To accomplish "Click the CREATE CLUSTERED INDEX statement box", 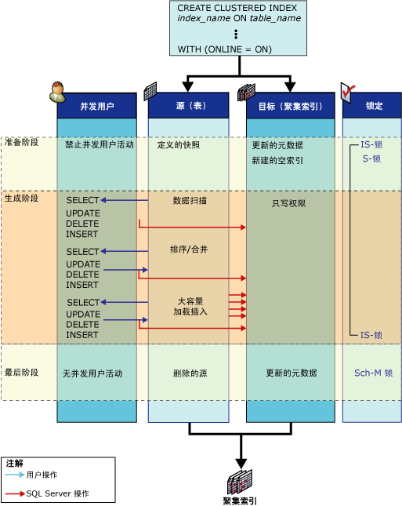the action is tap(238, 28).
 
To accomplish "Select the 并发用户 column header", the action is tap(96, 106).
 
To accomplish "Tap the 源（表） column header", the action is tap(189, 106).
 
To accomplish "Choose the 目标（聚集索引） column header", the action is tap(291, 106).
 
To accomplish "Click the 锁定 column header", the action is tap(372, 106).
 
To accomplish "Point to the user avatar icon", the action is tap(57, 92).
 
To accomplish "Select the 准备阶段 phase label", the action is tap(21, 142).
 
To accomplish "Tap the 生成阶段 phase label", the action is tap(21, 198).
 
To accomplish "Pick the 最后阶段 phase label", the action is tap(21, 373).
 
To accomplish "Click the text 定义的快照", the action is tap(178, 145).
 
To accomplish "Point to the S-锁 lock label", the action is tap(371, 158).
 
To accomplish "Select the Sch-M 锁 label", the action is tap(373, 373).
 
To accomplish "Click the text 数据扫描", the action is tap(190, 200).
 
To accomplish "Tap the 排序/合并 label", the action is tap(189, 249).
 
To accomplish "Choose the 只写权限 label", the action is tap(288, 203).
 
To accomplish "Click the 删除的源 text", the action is tap(190, 373).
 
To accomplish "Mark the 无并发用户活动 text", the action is tap(92, 373).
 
